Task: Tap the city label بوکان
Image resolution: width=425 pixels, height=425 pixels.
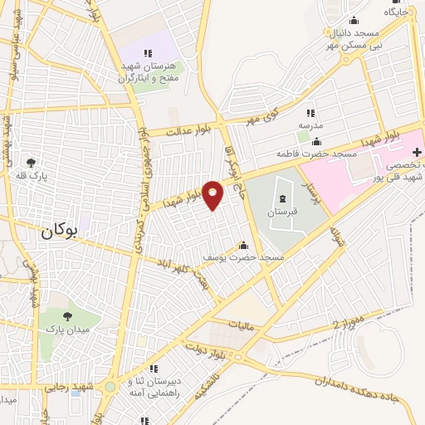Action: [58, 234]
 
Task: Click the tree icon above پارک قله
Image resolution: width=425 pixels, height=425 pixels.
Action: [32, 163]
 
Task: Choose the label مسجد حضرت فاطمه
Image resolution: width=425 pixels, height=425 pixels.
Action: [317, 154]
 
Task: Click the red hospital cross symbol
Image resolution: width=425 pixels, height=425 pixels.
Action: [418, 152]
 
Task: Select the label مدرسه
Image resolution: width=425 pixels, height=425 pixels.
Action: [310, 125]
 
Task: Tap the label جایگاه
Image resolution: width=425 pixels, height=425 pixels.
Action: [396, 12]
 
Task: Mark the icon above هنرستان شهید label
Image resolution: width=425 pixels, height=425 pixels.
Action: [149, 54]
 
